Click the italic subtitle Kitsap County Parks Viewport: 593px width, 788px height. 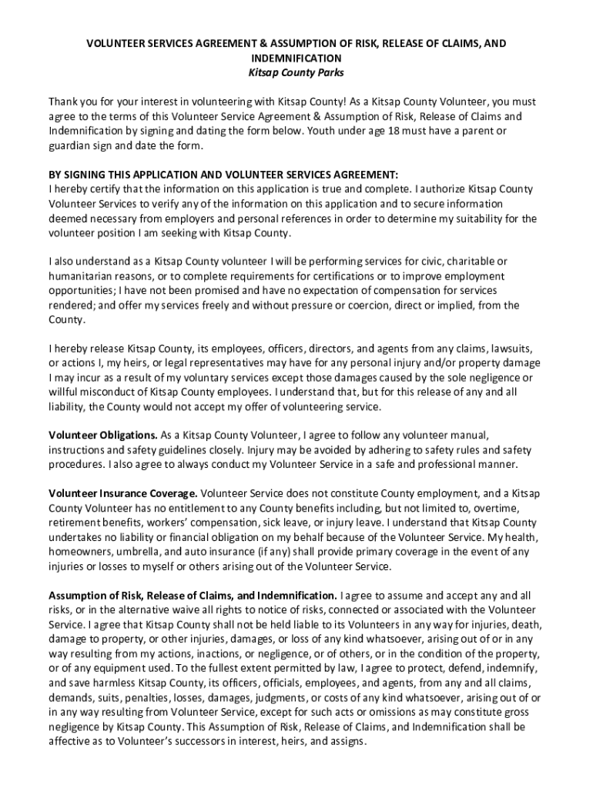point(296,73)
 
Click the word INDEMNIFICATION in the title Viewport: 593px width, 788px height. point(296,58)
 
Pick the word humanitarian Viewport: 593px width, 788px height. point(82,276)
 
